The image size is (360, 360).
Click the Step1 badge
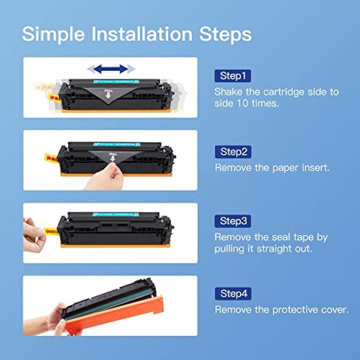[233, 76]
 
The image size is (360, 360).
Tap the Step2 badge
[233, 152]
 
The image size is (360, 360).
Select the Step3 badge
[233, 221]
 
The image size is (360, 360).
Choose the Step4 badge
[233, 293]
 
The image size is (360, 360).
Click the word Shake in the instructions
[229, 92]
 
